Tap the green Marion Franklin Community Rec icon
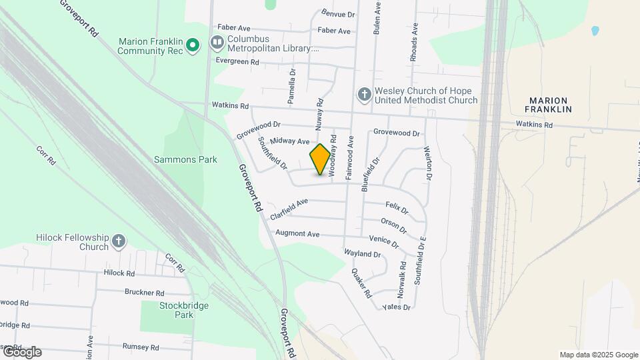[193, 45]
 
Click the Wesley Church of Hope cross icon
[364, 95]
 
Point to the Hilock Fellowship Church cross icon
[118, 241]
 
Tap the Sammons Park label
[177, 160]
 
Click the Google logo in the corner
[22, 352]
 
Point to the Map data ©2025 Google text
[599, 355]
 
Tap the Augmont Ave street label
[298, 234]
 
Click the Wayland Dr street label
[362, 254]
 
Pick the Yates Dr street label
[397, 307]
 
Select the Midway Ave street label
[290, 141]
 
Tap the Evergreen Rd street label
[237, 61]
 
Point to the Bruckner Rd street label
[144, 292]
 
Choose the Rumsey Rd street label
[141, 347]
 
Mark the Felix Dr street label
[396, 208]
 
